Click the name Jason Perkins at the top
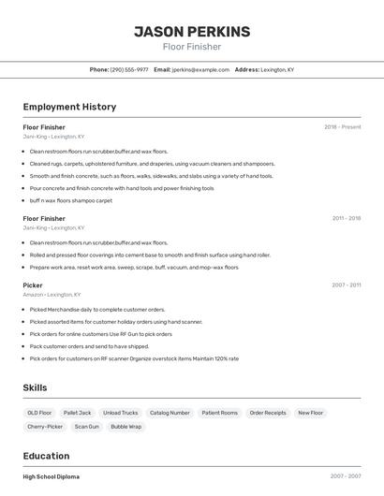coord(192,32)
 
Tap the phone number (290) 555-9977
coord(129,70)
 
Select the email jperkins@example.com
coord(199,70)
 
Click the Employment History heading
coord(69,107)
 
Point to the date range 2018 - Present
coord(342,127)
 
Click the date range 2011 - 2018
coord(346,218)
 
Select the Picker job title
coord(33,284)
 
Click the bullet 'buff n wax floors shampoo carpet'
coord(70,200)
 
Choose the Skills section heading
coord(35,387)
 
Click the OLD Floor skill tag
coord(39,413)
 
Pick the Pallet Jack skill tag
coord(77,413)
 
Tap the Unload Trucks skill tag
coord(120,413)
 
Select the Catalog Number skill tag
coord(170,413)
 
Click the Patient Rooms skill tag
coord(219,413)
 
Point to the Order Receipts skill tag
coord(268,413)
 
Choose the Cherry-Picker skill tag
coord(45,427)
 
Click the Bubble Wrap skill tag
coord(126,427)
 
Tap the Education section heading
coord(47,456)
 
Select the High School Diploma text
coord(52,476)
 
